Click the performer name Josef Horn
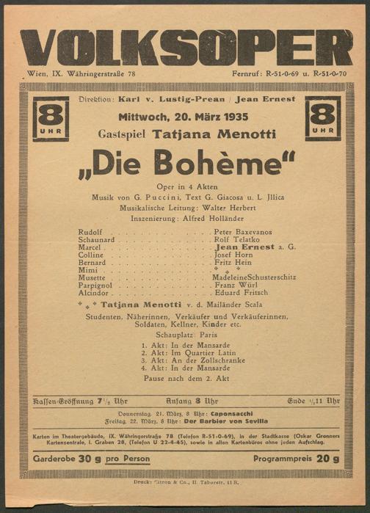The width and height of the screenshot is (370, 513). coord(233,255)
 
